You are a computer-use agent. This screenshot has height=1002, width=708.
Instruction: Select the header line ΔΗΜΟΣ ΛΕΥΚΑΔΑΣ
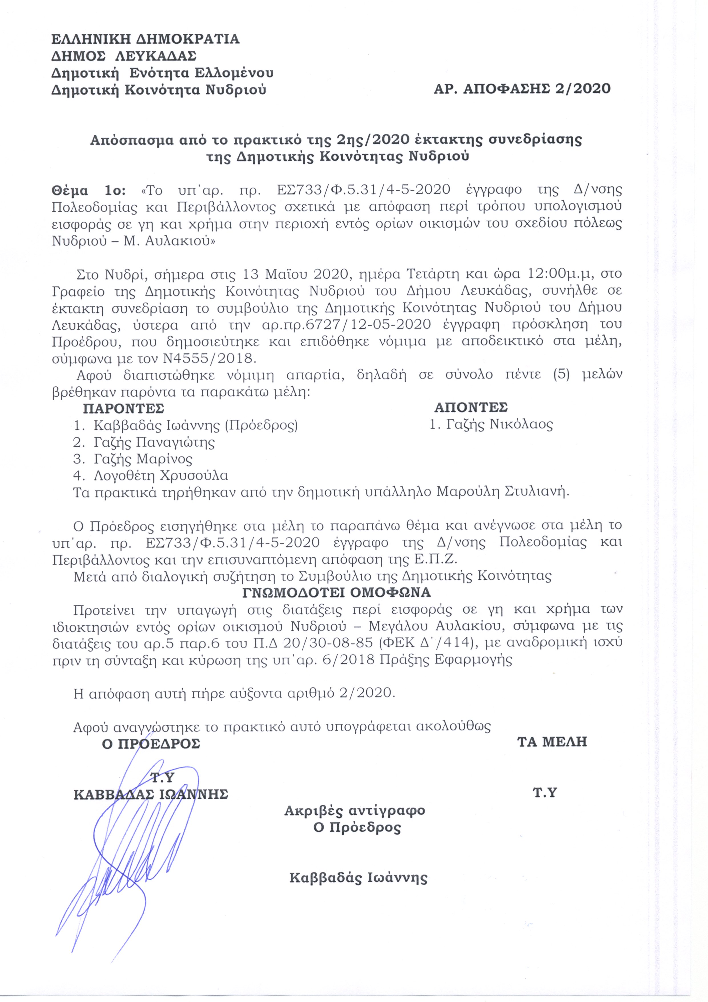pyautogui.click(x=124, y=56)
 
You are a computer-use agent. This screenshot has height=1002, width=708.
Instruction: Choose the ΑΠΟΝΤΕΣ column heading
pyautogui.click(x=471, y=407)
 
